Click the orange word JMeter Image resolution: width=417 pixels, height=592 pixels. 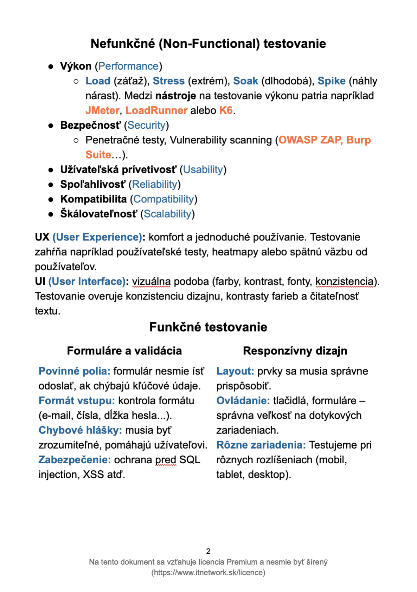pyautogui.click(x=102, y=110)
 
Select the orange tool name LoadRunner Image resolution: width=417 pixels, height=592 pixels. pyautogui.click(x=156, y=110)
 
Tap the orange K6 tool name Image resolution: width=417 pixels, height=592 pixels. pyautogui.click(x=226, y=110)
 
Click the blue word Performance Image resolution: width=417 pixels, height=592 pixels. pyautogui.click(x=128, y=66)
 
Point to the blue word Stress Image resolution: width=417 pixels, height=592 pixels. pyautogui.click(x=168, y=81)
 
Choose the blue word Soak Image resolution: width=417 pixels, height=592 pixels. pyautogui.click(x=245, y=81)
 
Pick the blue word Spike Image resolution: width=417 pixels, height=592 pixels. pyautogui.click(x=331, y=81)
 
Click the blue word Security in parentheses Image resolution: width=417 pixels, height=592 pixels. pyautogui.click(x=146, y=125)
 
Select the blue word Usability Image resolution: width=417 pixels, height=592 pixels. pyautogui.click(x=203, y=169)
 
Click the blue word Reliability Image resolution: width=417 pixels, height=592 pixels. pyautogui.click(x=154, y=184)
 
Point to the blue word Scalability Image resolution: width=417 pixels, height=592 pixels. pyautogui.click(x=167, y=214)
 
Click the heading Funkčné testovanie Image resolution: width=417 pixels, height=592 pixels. pyautogui.click(x=208, y=327)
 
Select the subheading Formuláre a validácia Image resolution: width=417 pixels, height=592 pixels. pyautogui.click(x=124, y=350)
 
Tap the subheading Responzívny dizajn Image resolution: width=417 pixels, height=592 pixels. pyautogui.click(x=295, y=350)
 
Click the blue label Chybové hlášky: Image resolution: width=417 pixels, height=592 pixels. pyautogui.click(x=80, y=430)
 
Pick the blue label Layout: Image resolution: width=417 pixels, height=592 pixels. pyautogui.click(x=235, y=371)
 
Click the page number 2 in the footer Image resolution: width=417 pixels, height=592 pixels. pyautogui.click(x=208, y=551)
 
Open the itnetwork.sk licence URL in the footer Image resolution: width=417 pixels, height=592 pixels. pyautogui.click(x=208, y=572)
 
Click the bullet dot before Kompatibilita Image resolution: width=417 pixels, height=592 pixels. pyautogui.click(x=51, y=199)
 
